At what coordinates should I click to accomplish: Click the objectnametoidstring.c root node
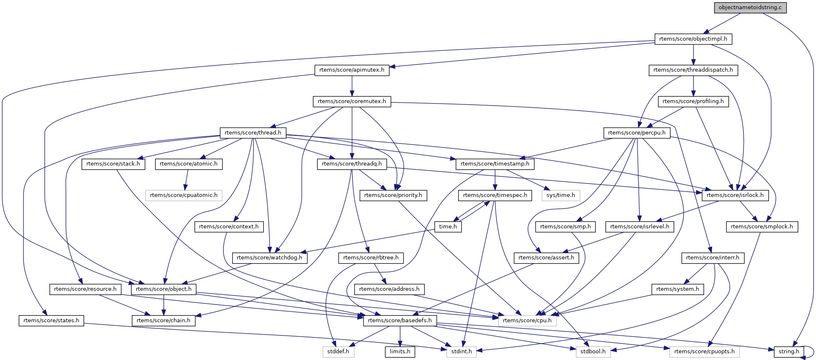(x=750, y=8)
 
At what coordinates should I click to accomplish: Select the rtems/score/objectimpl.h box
(x=694, y=39)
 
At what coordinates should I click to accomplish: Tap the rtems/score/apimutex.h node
(x=352, y=70)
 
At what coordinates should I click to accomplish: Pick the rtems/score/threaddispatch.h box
(x=693, y=70)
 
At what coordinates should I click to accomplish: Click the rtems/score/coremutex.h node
(x=352, y=101)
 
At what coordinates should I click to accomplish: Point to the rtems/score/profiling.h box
(x=693, y=101)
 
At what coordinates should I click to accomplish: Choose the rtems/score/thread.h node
(x=253, y=133)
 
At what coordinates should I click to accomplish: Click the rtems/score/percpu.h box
(x=637, y=133)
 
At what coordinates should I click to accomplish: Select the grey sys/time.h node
(x=561, y=195)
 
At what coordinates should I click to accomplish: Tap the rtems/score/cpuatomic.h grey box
(x=184, y=195)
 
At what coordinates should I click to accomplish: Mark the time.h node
(x=448, y=227)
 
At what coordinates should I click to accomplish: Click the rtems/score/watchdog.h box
(x=269, y=258)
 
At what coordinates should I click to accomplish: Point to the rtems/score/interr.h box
(x=713, y=258)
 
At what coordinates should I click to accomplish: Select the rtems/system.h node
(x=678, y=289)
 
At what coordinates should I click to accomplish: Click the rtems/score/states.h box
(x=51, y=321)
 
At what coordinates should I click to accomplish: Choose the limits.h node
(x=400, y=352)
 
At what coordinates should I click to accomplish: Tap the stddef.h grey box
(x=338, y=352)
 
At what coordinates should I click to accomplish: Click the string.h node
(x=789, y=352)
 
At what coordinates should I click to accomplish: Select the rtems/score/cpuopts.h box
(x=704, y=352)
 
